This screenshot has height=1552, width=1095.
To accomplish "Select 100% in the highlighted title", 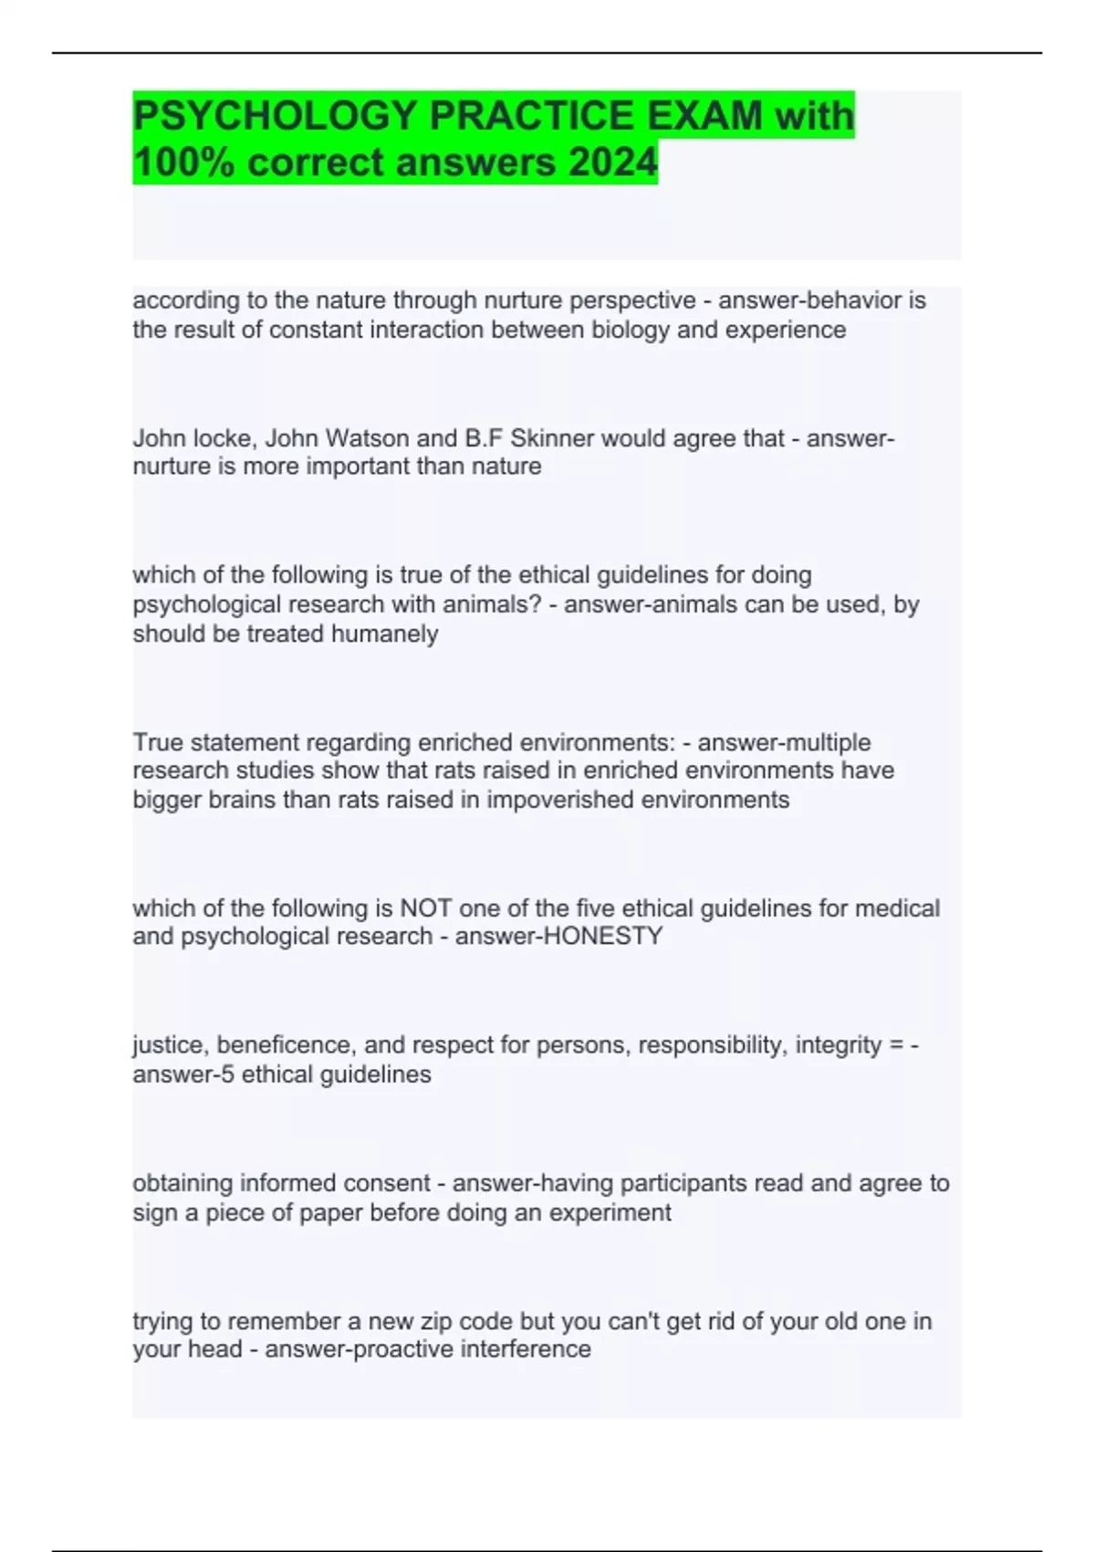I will tap(183, 163).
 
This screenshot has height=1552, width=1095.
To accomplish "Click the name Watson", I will tap(367, 439).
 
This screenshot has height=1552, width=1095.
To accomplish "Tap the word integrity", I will tap(838, 1045).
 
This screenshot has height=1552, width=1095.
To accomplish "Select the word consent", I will tap(387, 1184).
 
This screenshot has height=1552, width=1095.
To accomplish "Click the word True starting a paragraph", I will tap(157, 742).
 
